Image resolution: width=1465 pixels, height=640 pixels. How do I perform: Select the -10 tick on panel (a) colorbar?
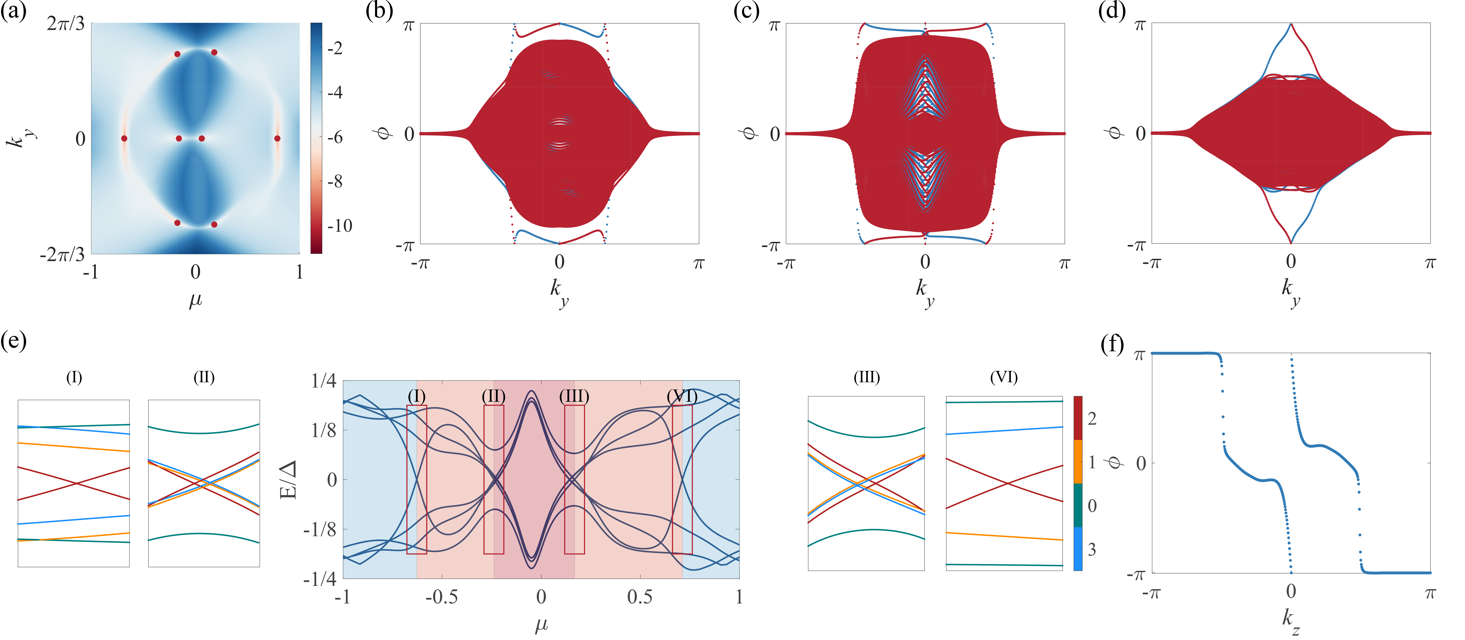340,226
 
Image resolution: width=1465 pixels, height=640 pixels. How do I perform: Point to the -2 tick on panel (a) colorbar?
335,48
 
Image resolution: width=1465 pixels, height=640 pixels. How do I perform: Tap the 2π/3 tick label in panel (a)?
65,24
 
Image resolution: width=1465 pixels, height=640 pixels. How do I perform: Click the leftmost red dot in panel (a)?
124,138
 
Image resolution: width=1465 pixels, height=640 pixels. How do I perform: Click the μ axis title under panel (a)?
195,299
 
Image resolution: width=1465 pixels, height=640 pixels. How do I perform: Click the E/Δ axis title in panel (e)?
289,479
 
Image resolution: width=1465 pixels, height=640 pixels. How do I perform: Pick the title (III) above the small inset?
866,377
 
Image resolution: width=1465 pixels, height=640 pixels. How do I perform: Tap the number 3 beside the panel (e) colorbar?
1092,550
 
